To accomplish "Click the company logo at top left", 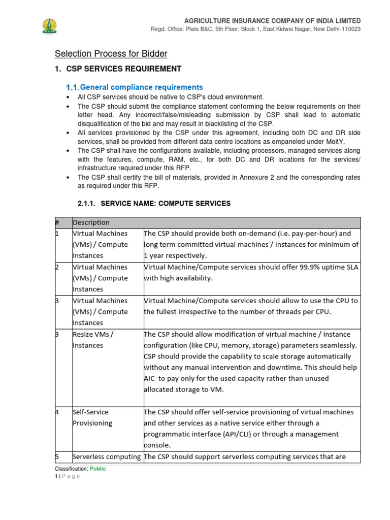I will click(x=49, y=26).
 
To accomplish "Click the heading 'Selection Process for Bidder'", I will click(x=111, y=53).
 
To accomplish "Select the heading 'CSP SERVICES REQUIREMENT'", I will click(x=123, y=69).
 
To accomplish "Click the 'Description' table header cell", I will click(x=91, y=222).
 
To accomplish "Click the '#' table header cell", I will click(x=57, y=222).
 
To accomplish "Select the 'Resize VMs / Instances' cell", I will click(x=93, y=340).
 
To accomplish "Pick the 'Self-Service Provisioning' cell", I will click(x=91, y=417).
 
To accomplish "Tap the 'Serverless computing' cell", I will click(x=107, y=457).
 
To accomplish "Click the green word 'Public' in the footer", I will click(x=98, y=469).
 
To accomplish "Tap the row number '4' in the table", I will click(x=57, y=412).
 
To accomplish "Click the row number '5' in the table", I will click(x=57, y=457).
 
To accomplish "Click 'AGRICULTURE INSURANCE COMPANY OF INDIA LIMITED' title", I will click(x=272, y=20).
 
